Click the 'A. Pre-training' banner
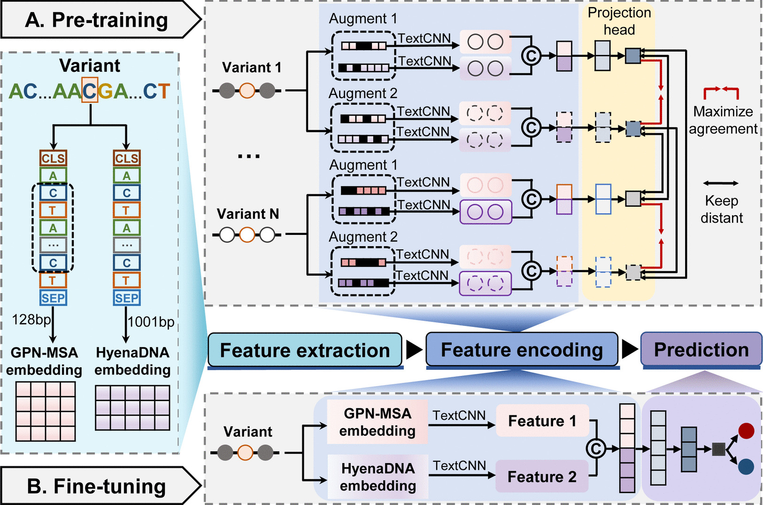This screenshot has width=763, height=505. pos(96,20)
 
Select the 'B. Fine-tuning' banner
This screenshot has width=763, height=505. pos(96,486)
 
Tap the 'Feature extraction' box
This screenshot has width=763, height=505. pos(305,350)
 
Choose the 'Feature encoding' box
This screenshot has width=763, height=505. pos(522,350)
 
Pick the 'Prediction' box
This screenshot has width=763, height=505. pos(701,350)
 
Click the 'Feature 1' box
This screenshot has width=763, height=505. pos(542,421)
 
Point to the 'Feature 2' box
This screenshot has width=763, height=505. pos(542,476)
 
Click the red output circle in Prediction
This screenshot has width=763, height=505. pos(746,430)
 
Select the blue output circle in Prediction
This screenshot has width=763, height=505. pos(746,466)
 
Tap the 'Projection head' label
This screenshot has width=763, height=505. pos(619,21)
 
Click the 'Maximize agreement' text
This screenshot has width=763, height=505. pos(723,120)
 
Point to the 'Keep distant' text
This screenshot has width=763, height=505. pos(722,209)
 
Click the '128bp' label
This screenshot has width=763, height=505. pos(31,320)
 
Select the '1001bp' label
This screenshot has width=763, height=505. pos(151,322)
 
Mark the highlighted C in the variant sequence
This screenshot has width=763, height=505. pos(90,90)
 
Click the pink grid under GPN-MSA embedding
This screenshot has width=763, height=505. pos(46,411)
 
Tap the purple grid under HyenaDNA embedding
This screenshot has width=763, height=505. pos(132,408)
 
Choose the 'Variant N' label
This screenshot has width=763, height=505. pos(248,214)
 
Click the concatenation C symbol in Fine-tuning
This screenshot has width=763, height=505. pos(596,449)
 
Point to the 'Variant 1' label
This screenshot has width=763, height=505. pos(252,68)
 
